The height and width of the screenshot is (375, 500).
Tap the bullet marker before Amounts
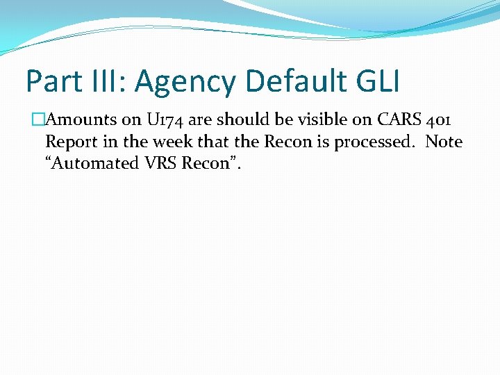(x=39, y=119)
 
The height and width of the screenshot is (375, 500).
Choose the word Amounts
(x=81, y=119)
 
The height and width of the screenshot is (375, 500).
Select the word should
(x=236, y=119)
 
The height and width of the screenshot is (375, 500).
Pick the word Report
(x=68, y=142)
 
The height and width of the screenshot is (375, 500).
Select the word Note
(x=444, y=142)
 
